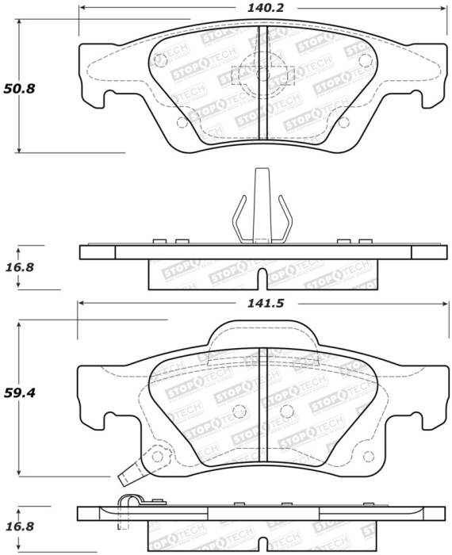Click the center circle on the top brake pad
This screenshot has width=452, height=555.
263,75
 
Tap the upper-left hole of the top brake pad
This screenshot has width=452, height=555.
162,59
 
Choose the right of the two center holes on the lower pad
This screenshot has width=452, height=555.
285,410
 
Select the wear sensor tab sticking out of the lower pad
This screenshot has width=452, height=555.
126,479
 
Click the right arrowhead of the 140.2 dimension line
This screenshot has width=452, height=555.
440,8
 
